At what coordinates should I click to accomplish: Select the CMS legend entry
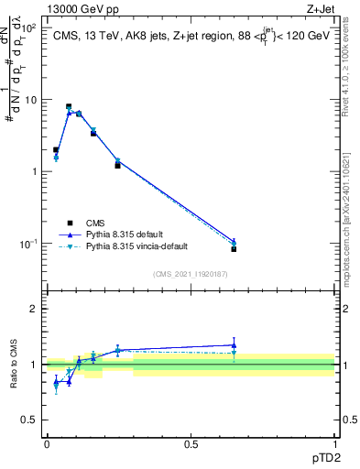(95, 222)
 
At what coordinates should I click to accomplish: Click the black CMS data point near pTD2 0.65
(234, 249)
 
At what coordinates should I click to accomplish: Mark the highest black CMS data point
(69, 106)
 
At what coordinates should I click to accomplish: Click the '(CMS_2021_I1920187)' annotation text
(191, 273)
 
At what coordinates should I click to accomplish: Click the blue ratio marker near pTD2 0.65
(234, 345)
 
